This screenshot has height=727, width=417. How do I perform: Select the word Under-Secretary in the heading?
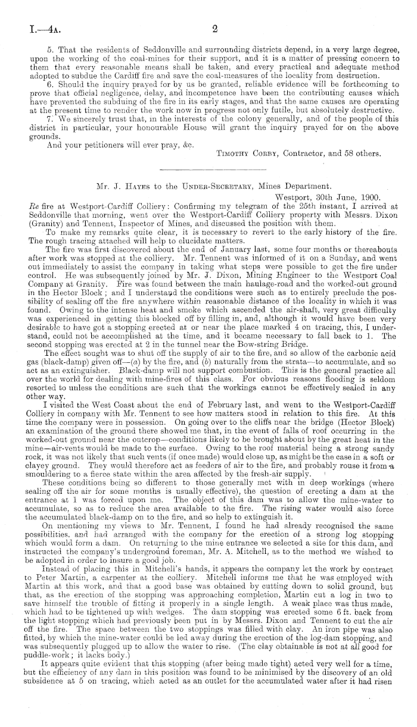pos(204,186)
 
